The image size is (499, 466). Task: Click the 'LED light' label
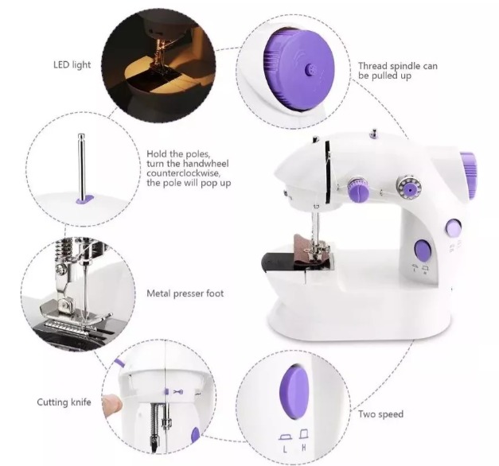72,64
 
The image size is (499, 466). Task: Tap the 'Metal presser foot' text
185,293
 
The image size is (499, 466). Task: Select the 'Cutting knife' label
64,402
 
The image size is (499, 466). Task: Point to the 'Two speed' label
380,414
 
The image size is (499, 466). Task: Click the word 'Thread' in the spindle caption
373,66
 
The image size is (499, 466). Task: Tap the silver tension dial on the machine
410,188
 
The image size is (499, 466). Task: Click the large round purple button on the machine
423,251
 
